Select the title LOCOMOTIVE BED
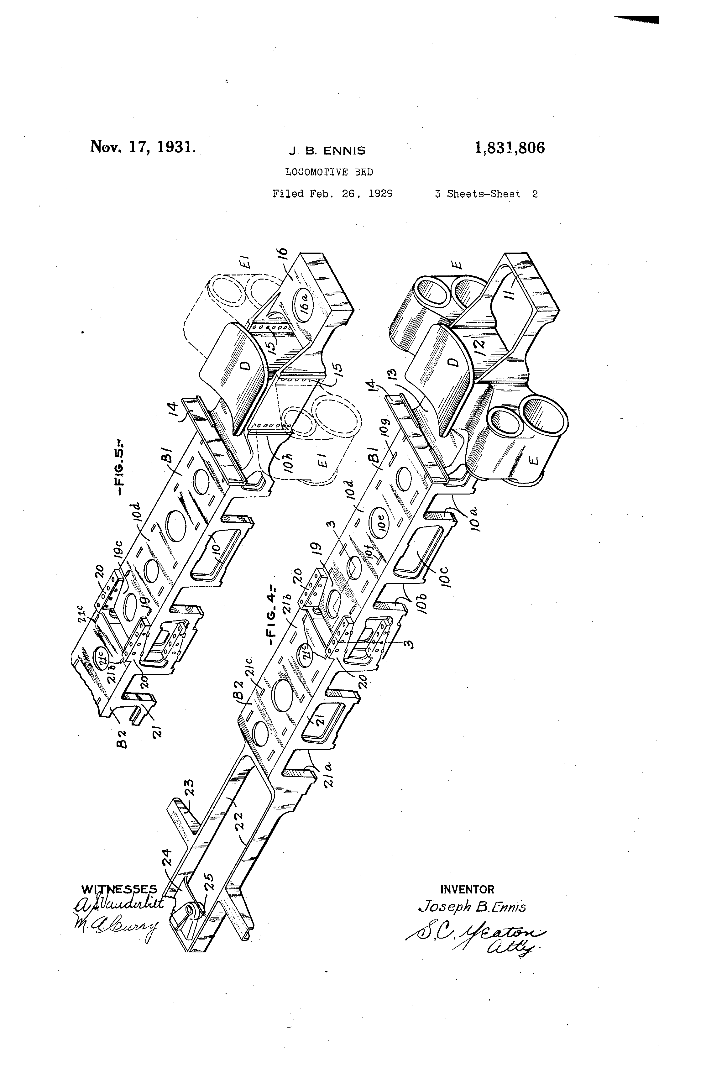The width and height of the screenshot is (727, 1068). pos(329,172)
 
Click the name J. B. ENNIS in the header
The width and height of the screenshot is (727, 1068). pos(327,151)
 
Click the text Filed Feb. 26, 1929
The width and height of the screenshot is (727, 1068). pos(333,194)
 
